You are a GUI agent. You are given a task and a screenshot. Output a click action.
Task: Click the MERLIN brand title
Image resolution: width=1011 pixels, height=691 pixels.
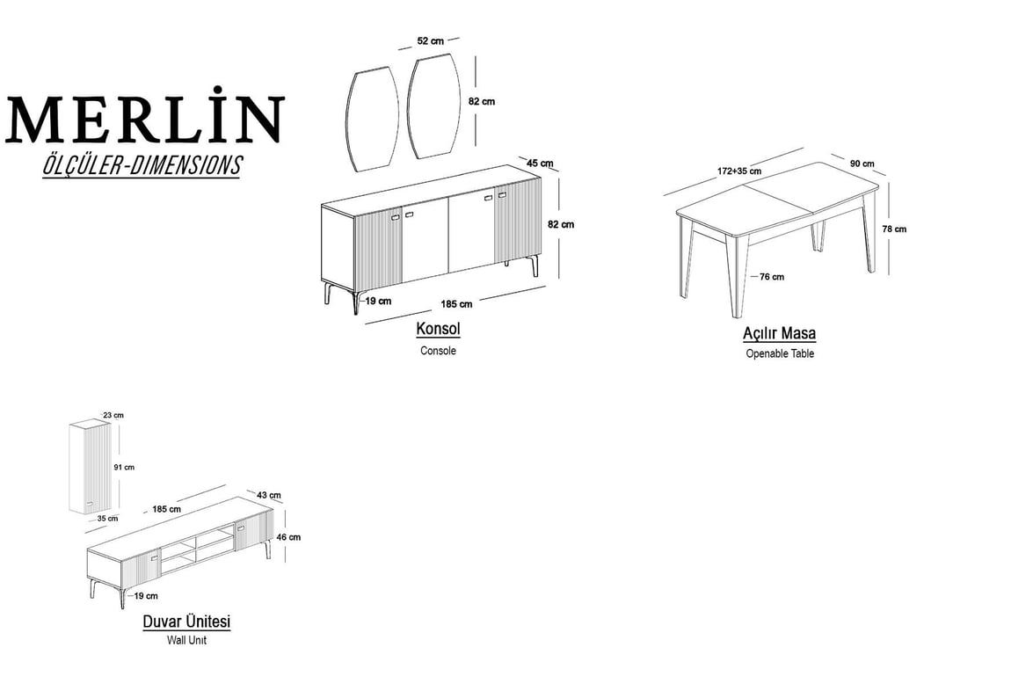(144, 115)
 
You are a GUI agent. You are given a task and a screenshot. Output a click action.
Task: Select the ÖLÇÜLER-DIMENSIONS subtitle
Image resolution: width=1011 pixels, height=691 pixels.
(142, 165)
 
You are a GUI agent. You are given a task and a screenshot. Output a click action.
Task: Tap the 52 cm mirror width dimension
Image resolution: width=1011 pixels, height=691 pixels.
(430, 40)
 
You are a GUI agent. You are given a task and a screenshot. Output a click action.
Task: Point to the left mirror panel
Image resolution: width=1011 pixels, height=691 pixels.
(372, 120)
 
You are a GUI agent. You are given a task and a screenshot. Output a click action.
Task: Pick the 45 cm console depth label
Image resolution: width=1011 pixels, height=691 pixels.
(541, 164)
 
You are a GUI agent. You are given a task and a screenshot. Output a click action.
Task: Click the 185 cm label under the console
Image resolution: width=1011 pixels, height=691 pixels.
(456, 303)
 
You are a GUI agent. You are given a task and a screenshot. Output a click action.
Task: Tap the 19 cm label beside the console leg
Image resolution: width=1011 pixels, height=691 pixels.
(378, 301)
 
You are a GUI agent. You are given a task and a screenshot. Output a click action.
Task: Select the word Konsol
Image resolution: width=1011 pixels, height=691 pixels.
(438, 329)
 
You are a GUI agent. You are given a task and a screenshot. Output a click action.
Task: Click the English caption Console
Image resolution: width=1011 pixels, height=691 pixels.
(438, 351)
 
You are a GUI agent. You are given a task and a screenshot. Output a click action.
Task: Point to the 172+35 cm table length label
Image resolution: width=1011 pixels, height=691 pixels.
(738, 171)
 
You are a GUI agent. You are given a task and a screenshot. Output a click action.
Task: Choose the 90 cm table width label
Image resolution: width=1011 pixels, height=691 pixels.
(862, 164)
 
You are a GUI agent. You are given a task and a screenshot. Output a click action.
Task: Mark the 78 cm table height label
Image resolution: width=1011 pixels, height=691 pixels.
(894, 229)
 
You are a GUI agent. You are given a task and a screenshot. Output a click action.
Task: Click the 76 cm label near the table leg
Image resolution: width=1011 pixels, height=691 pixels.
(771, 277)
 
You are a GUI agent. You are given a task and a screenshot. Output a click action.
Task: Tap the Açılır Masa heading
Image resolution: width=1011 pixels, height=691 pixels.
(780, 333)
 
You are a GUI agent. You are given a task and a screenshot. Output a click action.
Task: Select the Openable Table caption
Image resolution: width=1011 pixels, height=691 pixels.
(780, 353)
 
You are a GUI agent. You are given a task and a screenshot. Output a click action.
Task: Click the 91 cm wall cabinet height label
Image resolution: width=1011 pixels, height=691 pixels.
(125, 468)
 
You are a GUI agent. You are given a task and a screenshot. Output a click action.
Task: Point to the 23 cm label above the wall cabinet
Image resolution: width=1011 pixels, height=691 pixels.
(113, 415)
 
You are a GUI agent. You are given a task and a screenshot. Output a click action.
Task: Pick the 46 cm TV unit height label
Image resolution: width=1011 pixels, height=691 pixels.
(288, 537)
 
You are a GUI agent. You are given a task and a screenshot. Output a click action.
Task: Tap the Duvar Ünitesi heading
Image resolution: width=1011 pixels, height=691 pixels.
(186, 622)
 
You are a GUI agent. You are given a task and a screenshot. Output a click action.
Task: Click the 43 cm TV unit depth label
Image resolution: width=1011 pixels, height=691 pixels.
(269, 495)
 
